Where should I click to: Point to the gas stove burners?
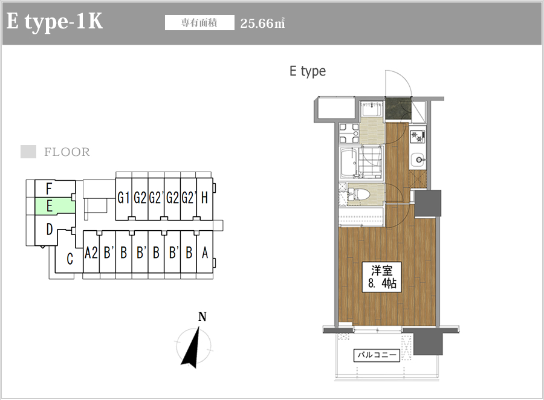tap(417, 137)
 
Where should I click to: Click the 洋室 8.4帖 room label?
tap(381, 277)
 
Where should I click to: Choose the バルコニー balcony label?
tap(377, 355)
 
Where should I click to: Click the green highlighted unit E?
tap(55, 205)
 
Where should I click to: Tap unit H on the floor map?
tap(204, 198)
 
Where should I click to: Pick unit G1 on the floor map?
tap(123, 198)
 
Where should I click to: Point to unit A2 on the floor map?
tap(91, 253)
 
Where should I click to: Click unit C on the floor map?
tap(70, 259)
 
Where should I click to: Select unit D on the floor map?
tap(50, 230)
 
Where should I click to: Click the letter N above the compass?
tap(202, 317)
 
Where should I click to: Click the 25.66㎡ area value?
tap(263, 23)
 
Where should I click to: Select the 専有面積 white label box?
tap(199, 23)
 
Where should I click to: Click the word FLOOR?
tap(67, 152)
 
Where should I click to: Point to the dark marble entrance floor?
tap(398, 109)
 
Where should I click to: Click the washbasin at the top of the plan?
tap(372, 111)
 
